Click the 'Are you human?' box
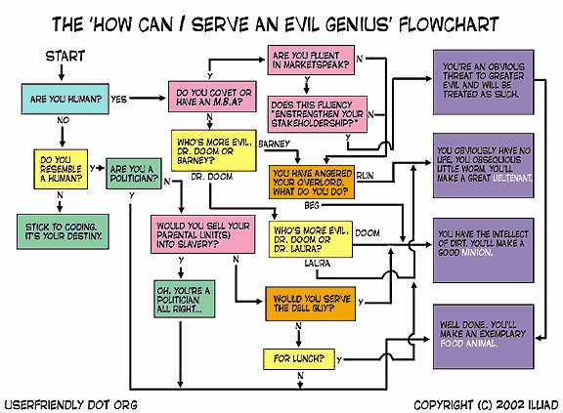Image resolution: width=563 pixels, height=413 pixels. (x=65, y=99)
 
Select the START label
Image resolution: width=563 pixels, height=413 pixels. (x=65, y=56)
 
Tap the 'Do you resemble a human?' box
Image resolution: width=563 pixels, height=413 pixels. (x=61, y=169)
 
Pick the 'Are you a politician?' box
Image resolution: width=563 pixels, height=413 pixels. (x=134, y=174)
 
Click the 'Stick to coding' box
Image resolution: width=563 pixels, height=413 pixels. (x=63, y=231)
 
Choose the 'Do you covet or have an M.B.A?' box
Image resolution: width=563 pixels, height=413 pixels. (x=212, y=97)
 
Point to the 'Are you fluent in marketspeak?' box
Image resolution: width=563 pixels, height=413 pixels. (x=311, y=60)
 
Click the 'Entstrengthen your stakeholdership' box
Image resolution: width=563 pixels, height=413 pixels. (x=318, y=114)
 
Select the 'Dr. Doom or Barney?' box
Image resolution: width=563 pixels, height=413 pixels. (x=214, y=150)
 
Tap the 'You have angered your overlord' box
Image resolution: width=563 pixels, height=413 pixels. (x=312, y=183)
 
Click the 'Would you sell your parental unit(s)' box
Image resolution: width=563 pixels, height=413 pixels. (x=203, y=234)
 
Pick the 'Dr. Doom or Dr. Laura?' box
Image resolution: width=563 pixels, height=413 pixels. (x=311, y=239)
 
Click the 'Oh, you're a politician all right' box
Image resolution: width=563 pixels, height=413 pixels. (x=184, y=299)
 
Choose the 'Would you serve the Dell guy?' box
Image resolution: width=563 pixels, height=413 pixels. (x=310, y=304)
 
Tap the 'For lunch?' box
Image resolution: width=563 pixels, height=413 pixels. (x=299, y=359)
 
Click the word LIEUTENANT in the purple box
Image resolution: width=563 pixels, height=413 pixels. (x=512, y=178)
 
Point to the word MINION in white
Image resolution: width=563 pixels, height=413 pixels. (x=477, y=252)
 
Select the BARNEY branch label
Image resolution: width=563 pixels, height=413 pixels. (x=274, y=144)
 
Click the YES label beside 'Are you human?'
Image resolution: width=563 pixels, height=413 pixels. (x=119, y=99)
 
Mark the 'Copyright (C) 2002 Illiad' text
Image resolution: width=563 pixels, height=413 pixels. (x=486, y=405)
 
